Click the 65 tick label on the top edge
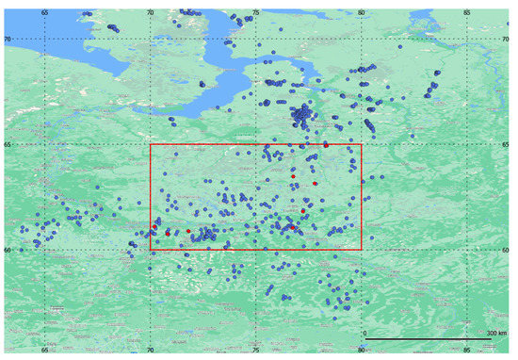pyautogui.click(x=44, y=13)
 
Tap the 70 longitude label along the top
pyautogui.click(x=151, y=13)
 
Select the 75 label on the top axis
pyautogui.click(x=256, y=13)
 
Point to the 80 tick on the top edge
pyautogui.click(x=362, y=13)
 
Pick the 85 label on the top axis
pyautogui.click(x=468, y=13)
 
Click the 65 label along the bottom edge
pyautogui.click(x=44, y=349)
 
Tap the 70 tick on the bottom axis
pyautogui.click(x=151, y=349)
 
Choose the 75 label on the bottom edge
pyautogui.click(x=256, y=349)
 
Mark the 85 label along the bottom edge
pyautogui.click(x=468, y=349)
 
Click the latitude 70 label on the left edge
pyautogui.click(x=8, y=39)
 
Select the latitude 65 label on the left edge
pyautogui.click(x=8, y=144)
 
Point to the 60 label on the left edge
pyautogui.click(x=8, y=250)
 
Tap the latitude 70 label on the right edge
pyautogui.click(x=509, y=39)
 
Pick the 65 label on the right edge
pyautogui.click(x=509, y=144)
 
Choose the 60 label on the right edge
pyautogui.click(x=509, y=250)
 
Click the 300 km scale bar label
pyautogui.click(x=495, y=334)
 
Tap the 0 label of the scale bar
pyautogui.click(x=365, y=334)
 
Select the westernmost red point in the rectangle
pyautogui.click(x=154, y=227)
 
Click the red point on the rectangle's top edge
pyautogui.click(x=326, y=145)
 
